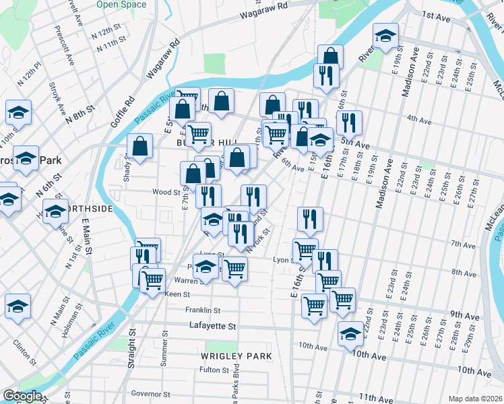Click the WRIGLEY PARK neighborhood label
236,356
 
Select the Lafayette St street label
212,326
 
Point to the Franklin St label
203,310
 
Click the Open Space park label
121,5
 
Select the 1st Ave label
435,15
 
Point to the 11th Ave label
377,399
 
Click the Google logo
22,396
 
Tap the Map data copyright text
475,399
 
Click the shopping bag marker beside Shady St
139,147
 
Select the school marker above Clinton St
18,306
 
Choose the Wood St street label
163,192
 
